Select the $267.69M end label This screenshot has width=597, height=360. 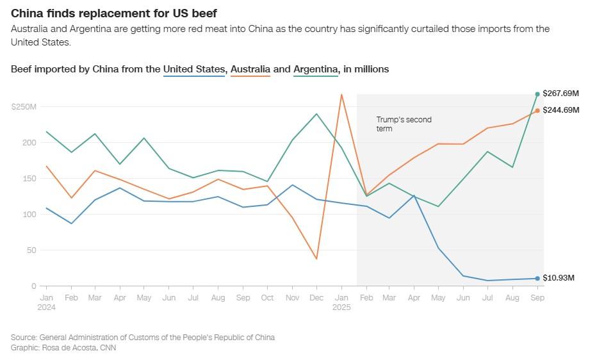click(560, 94)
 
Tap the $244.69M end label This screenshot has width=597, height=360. click(560, 110)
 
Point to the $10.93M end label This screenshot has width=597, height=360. click(559, 278)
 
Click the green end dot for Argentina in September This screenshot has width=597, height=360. click(537, 94)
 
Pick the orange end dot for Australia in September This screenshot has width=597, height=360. click(537, 110)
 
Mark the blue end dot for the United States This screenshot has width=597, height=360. click(537, 278)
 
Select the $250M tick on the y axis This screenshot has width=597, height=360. click(24, 106)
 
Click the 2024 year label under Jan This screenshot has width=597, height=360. click(47, 307)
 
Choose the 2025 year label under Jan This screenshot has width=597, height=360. click(341, 307)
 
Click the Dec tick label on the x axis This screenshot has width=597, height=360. click(316, 298)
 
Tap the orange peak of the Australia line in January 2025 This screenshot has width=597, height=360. click(341, 95)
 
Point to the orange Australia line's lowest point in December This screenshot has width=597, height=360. click(316, 259)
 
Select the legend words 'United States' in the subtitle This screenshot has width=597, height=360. click(194, 69)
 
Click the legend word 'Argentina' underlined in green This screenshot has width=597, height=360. click(316, 69)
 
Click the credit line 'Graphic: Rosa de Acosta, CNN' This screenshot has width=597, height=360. click(63, 348)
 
